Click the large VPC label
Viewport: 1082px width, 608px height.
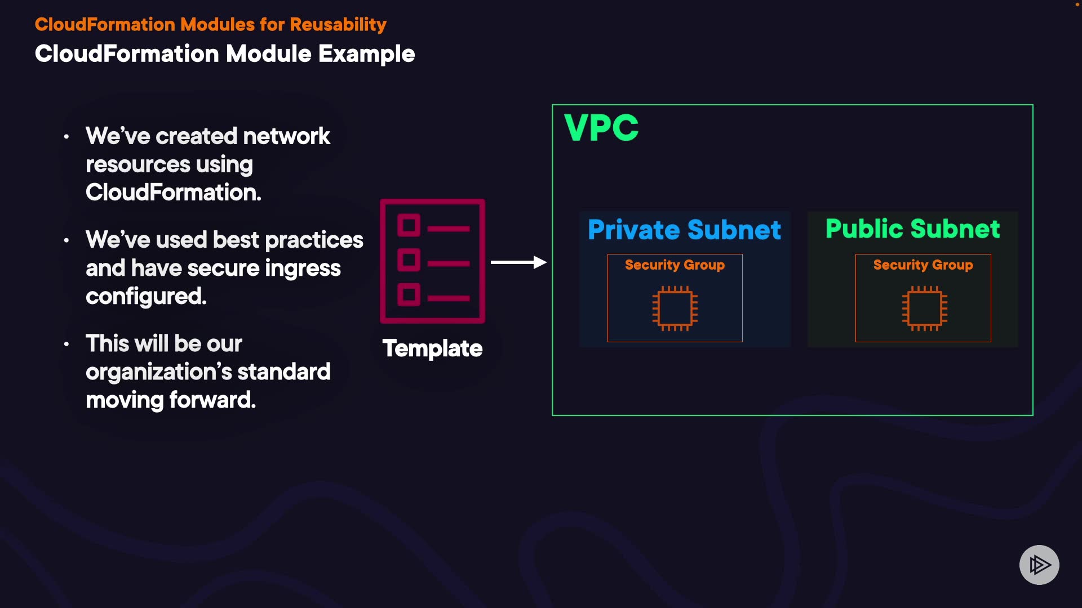pos(601,128)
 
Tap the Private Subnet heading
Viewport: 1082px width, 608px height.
pos(684,230)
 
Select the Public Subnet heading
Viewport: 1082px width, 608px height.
pos(912,229)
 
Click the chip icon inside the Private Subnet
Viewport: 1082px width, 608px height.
pos(675,309)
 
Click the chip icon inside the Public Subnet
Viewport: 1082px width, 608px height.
pos(924,309)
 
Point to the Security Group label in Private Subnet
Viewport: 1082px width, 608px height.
pos(675,265)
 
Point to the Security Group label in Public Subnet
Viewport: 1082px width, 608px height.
pos(923,265)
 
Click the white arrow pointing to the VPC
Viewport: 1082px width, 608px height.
pos(518,262)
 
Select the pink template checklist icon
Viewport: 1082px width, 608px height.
pos(432,261)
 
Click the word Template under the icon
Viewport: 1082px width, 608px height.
pos(432,348)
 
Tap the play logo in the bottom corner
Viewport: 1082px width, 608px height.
pos(1039,565)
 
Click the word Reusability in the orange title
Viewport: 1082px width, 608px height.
pos(338,25)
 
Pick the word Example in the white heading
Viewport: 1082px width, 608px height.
pos(366,54)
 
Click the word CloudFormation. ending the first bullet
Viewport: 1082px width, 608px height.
pos(173,193)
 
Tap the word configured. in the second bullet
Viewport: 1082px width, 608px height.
pos(146,296)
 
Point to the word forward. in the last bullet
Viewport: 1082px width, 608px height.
pos(212,400)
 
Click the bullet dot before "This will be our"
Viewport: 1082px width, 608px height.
pos(66,344)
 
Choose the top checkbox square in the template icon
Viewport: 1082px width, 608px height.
pos(409,226)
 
